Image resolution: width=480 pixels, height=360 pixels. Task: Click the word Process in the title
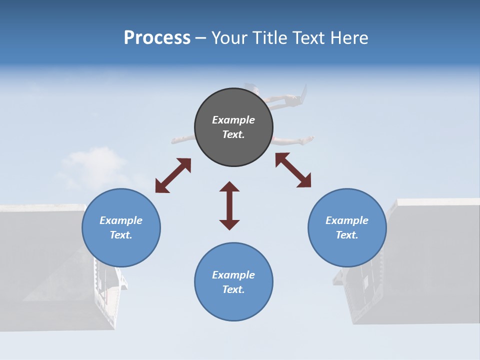point(157,38)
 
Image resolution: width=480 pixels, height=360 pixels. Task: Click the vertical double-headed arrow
point(229,205)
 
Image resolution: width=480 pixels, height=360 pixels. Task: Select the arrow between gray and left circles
point(173,175)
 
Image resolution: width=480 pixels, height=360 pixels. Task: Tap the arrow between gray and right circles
point(293,170)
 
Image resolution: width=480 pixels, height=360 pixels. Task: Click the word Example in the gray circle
point(233,120)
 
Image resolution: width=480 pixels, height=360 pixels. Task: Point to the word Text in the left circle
point(121,235)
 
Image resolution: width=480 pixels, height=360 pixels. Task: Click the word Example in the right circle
point(347,220)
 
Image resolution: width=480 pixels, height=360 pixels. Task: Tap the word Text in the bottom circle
point(233,289)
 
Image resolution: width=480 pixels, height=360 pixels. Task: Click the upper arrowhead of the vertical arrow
point(229,187)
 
